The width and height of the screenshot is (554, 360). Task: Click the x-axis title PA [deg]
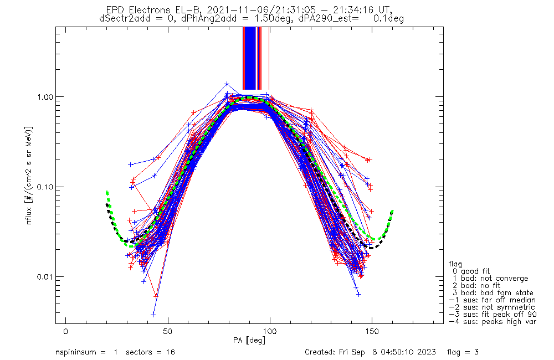click(249, 340)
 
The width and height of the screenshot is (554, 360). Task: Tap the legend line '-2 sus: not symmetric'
click(492, 307)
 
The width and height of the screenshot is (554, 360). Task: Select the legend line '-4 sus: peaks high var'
click(492, 321)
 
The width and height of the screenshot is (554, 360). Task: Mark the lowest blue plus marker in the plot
click(153, 315)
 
